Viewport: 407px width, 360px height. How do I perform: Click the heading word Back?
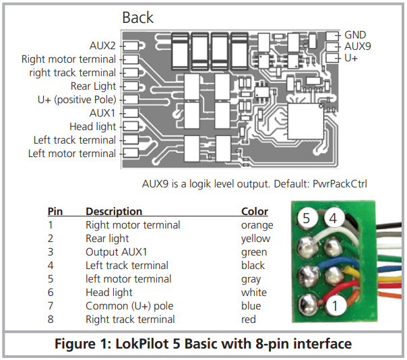(137, 17)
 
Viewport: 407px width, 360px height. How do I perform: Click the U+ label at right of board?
(351, 59)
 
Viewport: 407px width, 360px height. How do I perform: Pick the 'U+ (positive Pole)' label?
(76, 100)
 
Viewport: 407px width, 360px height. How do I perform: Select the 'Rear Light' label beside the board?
(93, 86)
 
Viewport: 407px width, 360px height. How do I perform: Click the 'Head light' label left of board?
(92, 127)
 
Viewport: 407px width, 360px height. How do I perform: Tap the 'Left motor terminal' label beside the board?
(71, 154)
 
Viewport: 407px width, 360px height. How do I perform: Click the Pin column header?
(55, 212)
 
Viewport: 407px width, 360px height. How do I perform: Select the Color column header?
(254, 212)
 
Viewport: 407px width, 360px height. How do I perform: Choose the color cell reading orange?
(257, 225)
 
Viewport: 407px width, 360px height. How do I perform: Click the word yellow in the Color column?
(255, 239)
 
